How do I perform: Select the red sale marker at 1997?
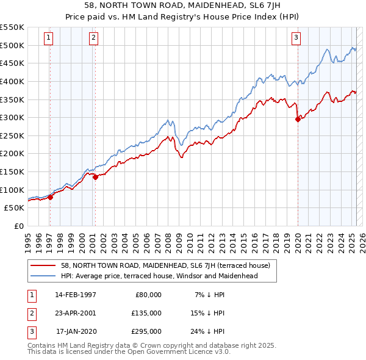(x=51, y=196)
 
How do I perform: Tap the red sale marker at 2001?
(x=95, y=177)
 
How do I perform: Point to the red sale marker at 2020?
(x=298, y=120)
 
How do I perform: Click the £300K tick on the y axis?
(x=12, y=117)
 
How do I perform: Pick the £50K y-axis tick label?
(x=15, y=207)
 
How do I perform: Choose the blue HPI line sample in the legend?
(x=43, y=276)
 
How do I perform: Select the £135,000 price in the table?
(x=147, y=313)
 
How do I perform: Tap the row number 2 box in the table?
(x=31, y=313)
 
